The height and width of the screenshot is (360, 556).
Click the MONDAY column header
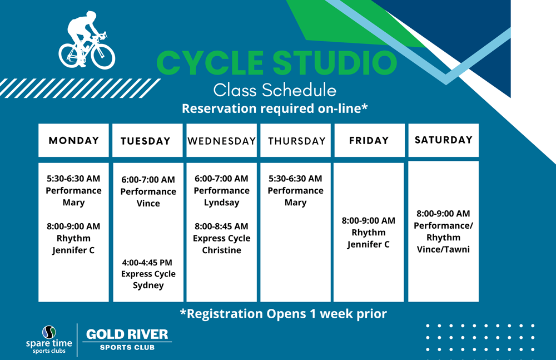coord(74,141)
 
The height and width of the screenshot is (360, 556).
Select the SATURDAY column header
coord(444,140)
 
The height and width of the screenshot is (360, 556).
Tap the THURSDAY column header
coord(297,141)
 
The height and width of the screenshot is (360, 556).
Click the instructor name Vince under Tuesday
coord(148,204)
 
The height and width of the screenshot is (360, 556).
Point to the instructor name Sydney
coord(148,285)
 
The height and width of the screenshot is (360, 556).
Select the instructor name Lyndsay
coord(222,203)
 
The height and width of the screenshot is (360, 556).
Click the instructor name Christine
coord(222,250)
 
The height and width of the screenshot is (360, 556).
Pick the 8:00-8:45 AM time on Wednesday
coord(222,226)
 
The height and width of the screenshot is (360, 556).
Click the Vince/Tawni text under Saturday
coord(443,250)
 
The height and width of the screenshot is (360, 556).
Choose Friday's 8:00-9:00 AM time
coord(369,221)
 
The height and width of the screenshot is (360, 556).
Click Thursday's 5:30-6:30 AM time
coord(295,179)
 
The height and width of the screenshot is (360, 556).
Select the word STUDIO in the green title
coord(335,63)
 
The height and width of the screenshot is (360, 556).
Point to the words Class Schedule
coord(275,90)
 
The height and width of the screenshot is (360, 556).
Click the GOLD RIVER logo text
coord(127,334)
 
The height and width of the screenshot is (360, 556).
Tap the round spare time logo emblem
coord(49,332)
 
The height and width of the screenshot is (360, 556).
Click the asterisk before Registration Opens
coord(183,312)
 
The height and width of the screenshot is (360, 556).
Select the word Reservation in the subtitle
coord(219,109)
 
